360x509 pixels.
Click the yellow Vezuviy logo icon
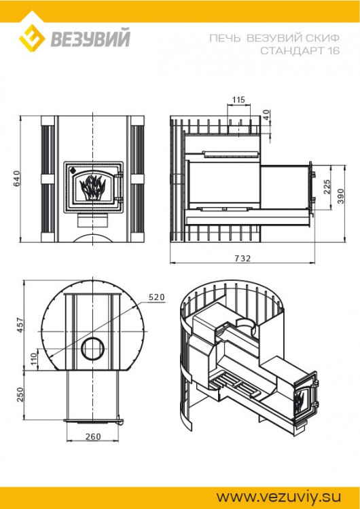click(x=31, y=39)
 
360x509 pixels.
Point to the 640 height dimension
click(x=17, y=178)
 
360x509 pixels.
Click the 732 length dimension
click(x=242, y=258)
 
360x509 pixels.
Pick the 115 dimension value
click(x=238, y=100)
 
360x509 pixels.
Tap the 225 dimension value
click(x=326, y=187)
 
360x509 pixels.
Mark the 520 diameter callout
click(x=157, y=297)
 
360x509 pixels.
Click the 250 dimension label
click(x=21, y=394)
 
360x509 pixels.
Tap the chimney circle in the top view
click(x=90, y=350)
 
